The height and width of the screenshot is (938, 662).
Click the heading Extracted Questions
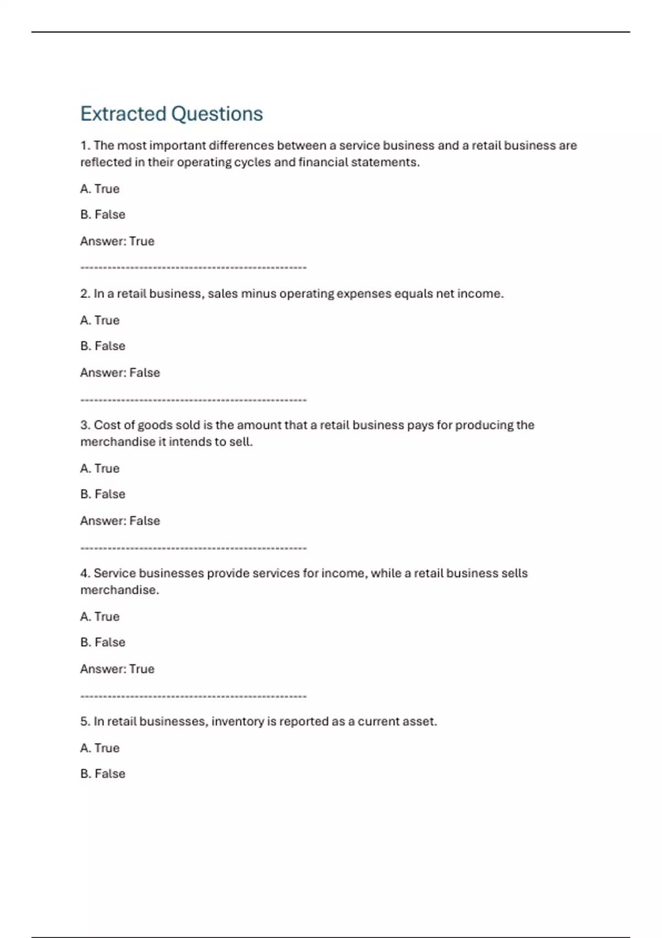(172, 114)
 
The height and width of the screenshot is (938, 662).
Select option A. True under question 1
(100, 189)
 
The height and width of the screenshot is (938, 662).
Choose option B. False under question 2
(103, 346)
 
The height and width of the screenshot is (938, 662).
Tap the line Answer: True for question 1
(117, 241)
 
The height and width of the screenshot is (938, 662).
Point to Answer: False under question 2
(120, 372)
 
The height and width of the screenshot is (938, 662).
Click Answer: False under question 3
(120, 521)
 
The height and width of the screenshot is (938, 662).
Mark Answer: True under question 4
(117, 669)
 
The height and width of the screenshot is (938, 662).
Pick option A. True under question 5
(100, 748)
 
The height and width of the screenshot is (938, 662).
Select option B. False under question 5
(103, 774)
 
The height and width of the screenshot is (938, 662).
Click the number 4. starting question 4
(86, 573)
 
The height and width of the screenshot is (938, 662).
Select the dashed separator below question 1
(193, 268)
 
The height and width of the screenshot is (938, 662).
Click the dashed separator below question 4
(193, 696)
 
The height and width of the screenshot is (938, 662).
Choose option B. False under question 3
(103, 494)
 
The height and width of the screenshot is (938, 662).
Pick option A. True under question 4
(100, 616)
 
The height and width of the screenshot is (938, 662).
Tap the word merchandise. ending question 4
(120, 590)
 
